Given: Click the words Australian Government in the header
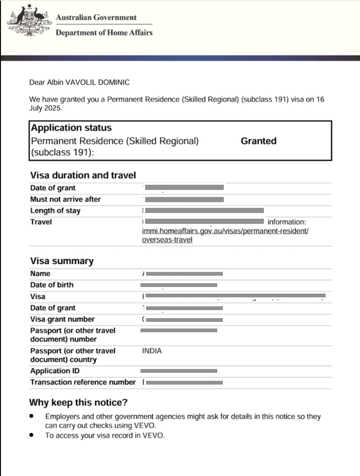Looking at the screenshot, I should (x=96, y=17).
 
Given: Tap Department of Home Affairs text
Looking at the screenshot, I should (x=104, y=33).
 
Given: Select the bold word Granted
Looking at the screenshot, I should (x=258, y=141).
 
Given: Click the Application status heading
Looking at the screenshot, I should (x=71, y=128).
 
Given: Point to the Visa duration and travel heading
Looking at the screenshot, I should (x=83, y=175).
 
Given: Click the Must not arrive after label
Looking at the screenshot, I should (x=65, y=199).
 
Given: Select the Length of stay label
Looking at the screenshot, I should (x=55, y=211).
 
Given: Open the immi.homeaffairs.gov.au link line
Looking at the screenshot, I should (x=225, y=231).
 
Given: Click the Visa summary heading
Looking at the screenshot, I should (x=62, y=261).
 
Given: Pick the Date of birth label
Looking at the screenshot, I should (x=52, y=285).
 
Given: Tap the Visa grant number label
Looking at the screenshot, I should (x=62, y=319).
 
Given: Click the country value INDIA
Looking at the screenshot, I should (x=152, y=351).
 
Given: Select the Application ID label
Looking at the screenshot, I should (x=55, y=371).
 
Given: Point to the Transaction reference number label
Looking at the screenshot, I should (x=83, y=382).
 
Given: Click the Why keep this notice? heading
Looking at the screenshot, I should (x=78, y=402).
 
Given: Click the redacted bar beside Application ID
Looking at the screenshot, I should (x=179, y=371).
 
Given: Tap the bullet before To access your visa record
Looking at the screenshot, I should (x=32, y=435).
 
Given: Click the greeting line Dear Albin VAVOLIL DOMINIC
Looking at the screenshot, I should (x=79, y=82).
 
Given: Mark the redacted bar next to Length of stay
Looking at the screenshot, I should (x=204, y=211).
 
